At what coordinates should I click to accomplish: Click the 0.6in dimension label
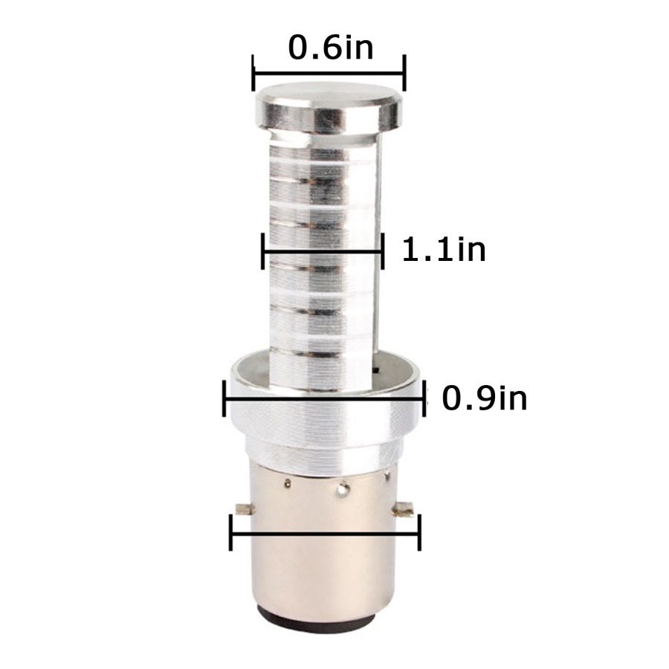331,47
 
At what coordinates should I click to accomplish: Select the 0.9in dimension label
484,398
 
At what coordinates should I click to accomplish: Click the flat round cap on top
329,108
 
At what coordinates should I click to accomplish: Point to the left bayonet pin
244,509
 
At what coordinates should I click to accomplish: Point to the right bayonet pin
404,509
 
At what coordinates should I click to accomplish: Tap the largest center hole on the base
343,489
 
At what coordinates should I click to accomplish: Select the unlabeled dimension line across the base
325,533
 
